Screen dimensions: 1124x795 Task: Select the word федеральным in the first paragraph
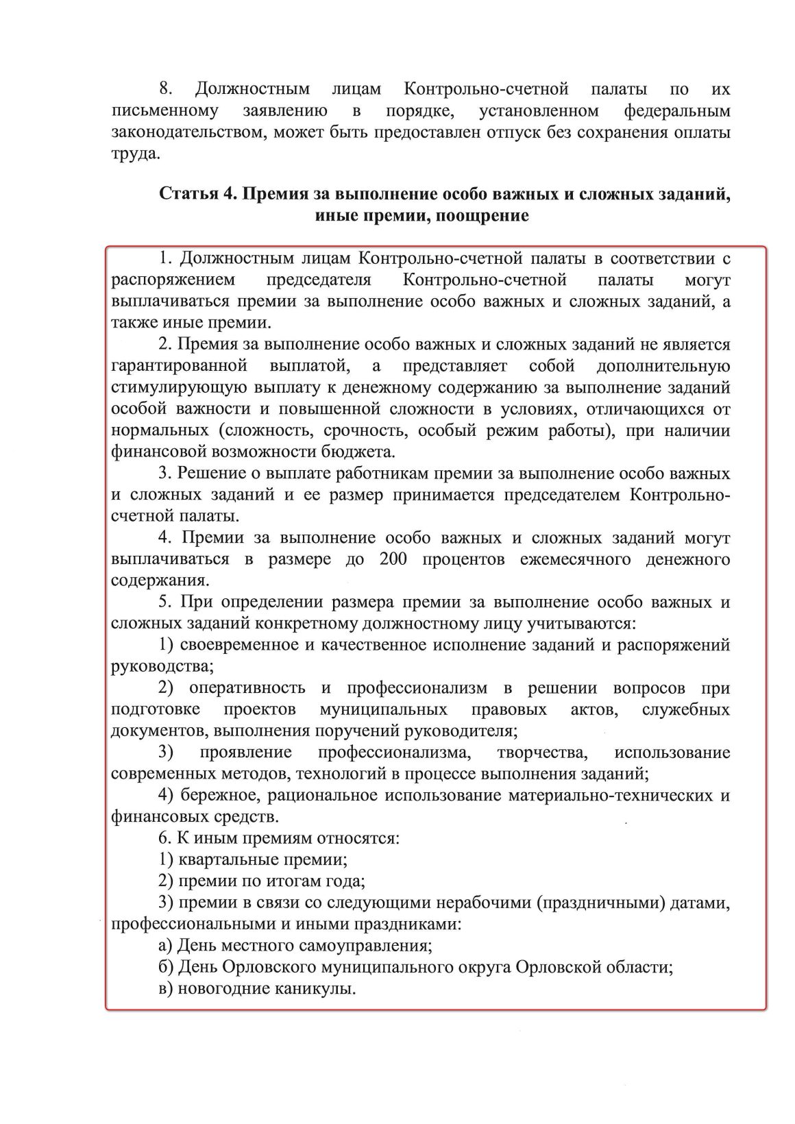[678, 110]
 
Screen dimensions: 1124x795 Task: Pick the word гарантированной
[178, 366]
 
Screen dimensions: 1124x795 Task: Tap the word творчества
[541, 753]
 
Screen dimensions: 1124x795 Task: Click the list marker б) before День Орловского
[165, 967]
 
